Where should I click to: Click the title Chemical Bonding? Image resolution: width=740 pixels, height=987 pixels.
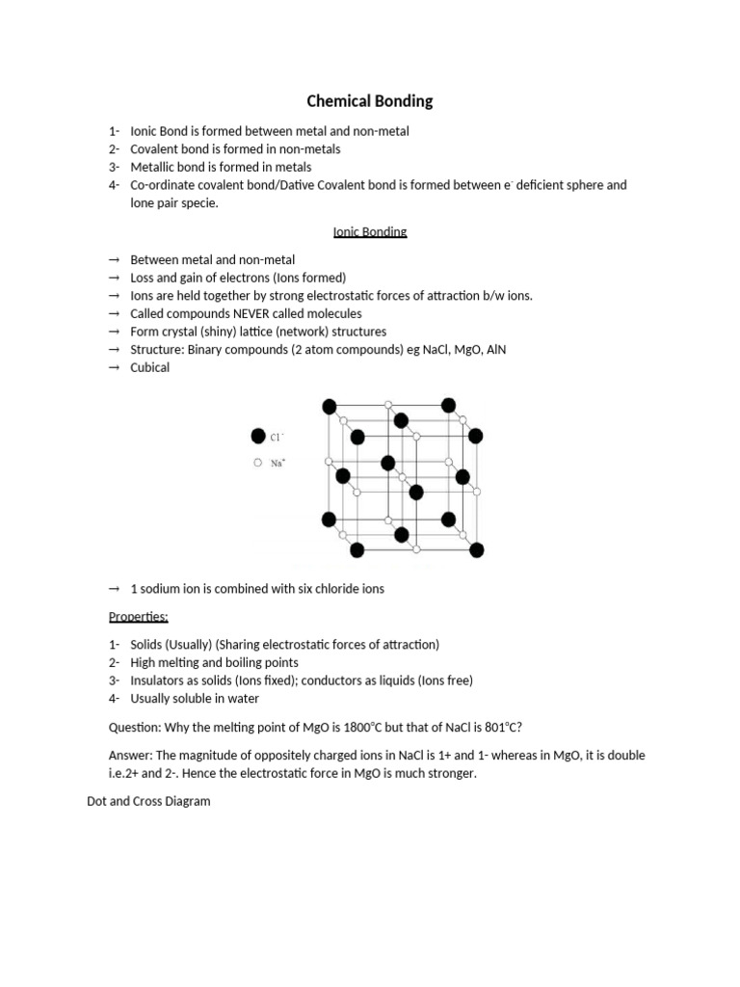pyautogui.click(x=370, y=101)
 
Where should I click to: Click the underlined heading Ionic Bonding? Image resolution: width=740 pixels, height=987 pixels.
pyautogui.click(x=370, y=232)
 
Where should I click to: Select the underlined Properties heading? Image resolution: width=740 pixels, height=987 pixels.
pyautogui.click(x=138, y=617)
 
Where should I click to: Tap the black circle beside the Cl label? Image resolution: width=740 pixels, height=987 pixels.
pyautogui.click(x=257, y=437)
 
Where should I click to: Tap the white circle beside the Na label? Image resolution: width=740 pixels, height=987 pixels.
pyautogui.click(x=257, y=463)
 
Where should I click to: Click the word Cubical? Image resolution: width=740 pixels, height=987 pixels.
pyautogui.click(x=149, y=367)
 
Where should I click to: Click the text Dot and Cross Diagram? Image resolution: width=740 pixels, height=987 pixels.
pyautogui.click(x=148, y=801)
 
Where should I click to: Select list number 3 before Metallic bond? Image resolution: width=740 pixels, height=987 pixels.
pyautogui.click(x=114, y=167)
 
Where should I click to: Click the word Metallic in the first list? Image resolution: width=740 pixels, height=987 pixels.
pyautogui.click(x=152, y=167)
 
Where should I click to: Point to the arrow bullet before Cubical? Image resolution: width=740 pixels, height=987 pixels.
pyautogui.click(x=114, y=368)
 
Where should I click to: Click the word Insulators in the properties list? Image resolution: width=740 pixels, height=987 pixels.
pyautogui.click(x=159, y=680)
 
